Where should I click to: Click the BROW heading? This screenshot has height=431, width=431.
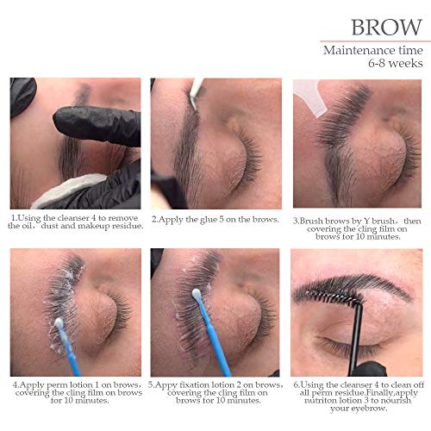coord(387,28)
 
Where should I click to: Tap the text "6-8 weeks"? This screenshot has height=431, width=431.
coord(396,63)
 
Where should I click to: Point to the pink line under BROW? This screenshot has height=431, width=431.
coord(376,41)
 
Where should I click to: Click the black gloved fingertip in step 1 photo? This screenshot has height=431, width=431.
coord(62,118)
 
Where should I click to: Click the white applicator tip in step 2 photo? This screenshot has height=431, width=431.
coord(197,89)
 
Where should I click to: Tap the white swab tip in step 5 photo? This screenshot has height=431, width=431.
coord(197,294)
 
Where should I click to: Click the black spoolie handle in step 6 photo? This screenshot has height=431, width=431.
coord(356,338)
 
